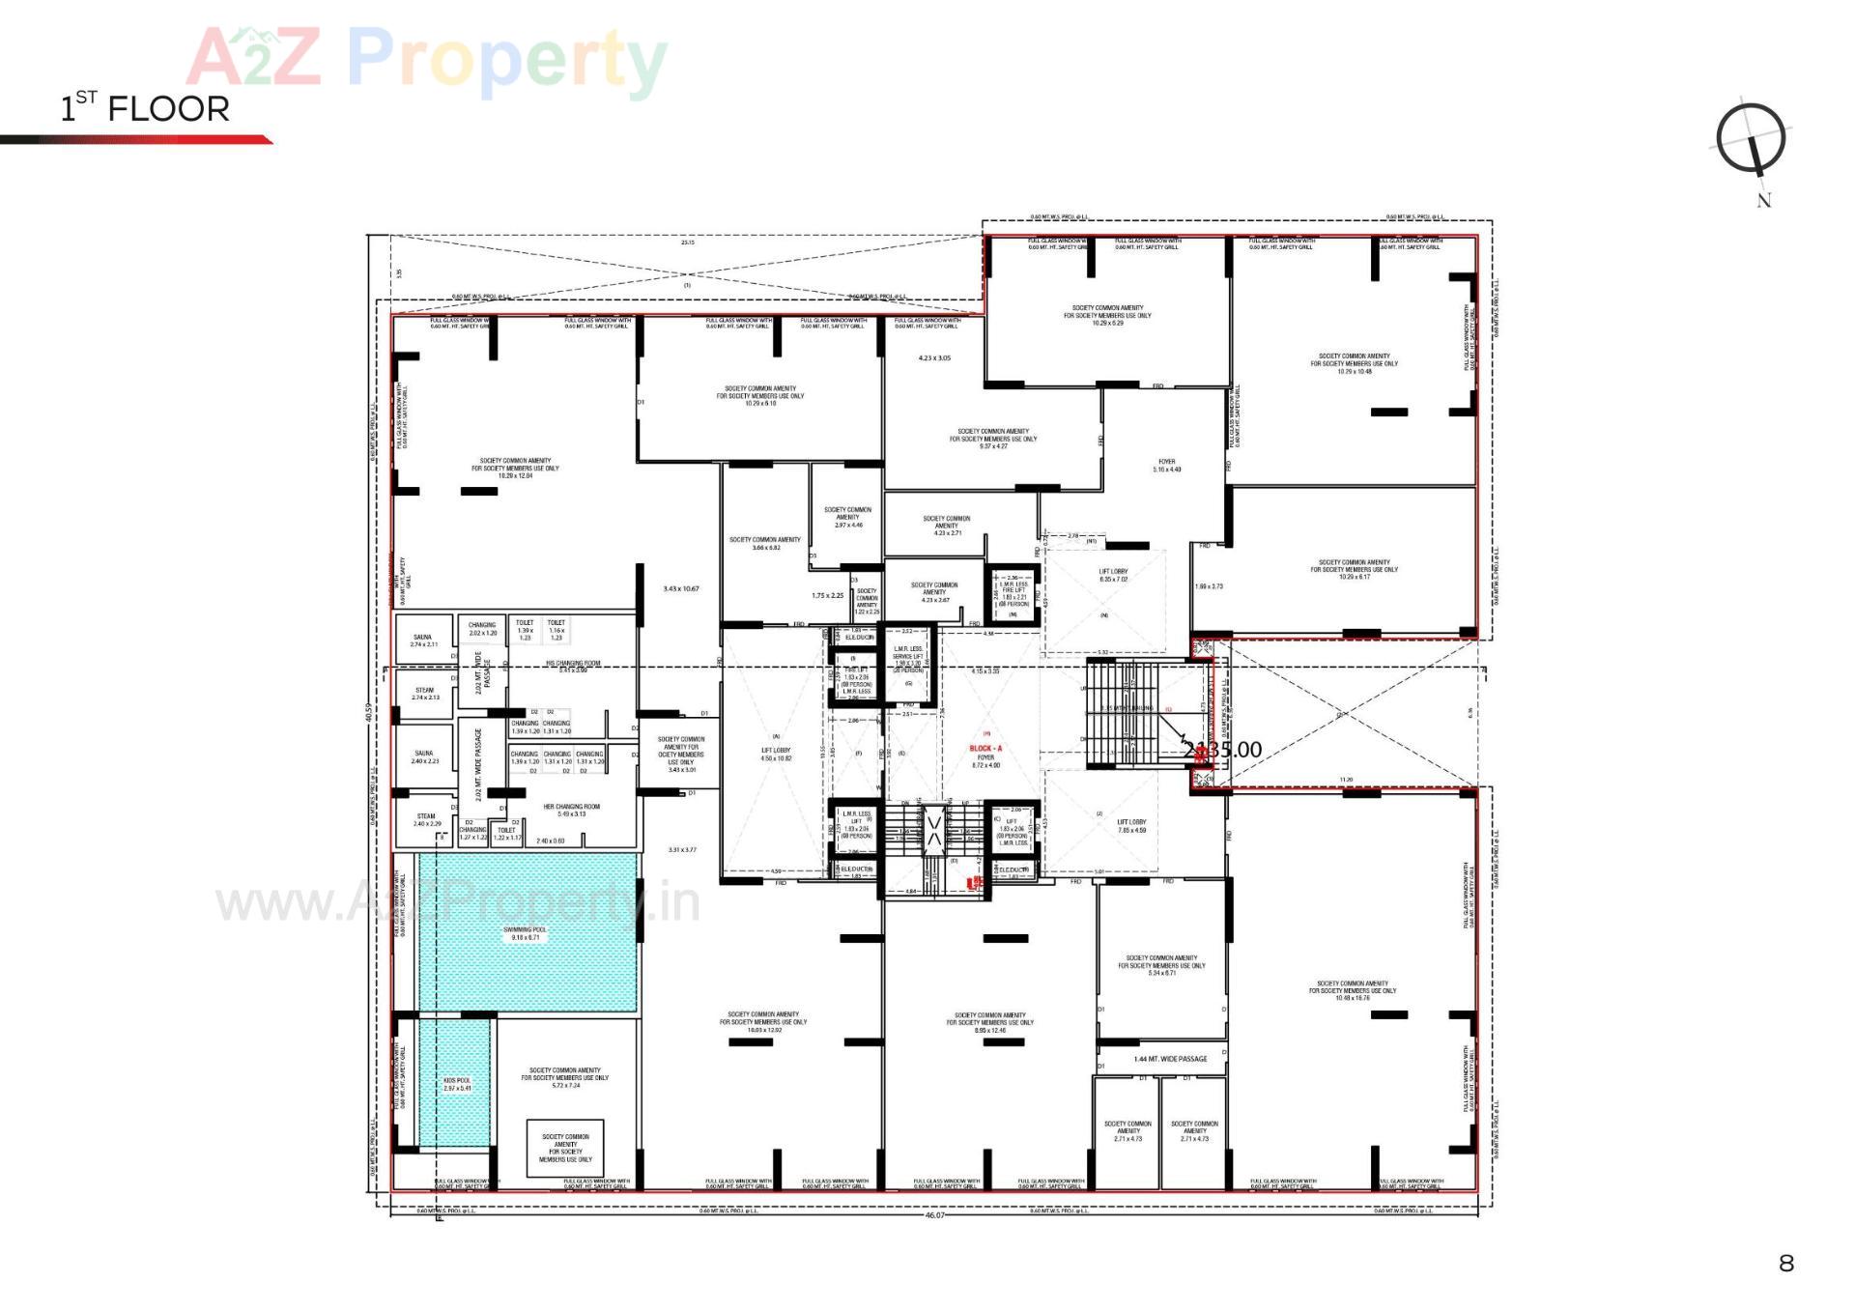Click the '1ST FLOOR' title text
[145, 107]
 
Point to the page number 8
[1785, 1263]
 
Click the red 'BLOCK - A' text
[985, 749]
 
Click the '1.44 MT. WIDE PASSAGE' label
[1170, 1059]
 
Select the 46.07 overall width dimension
[934, 1215]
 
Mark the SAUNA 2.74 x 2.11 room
[423, 641]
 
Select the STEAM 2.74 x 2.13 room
[425, 694]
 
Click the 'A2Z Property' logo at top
[426, 58]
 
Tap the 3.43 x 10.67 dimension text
[680, 588]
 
